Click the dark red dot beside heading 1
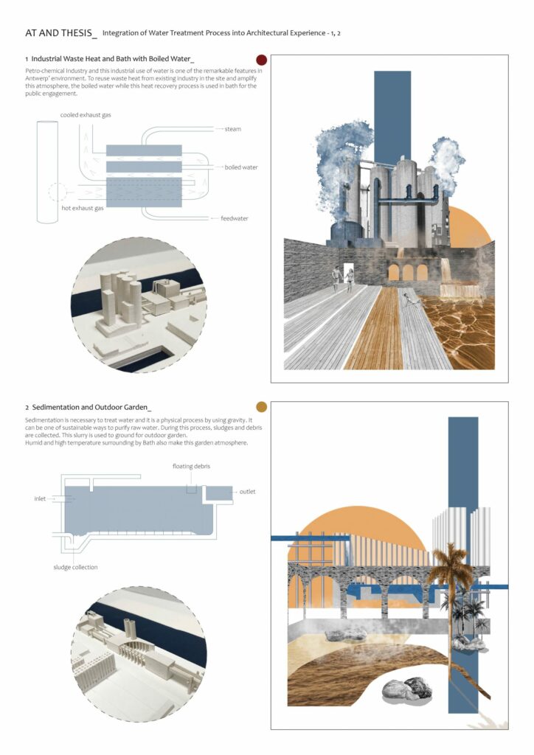pyautogui.click(x=261, y=60)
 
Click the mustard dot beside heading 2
pyautogui.click(x=261, y=407)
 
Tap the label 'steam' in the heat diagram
pyautogui.click(x=232, y=129)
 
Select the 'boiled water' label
pyautogui.click(x=240, y=167)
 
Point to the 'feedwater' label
pyautogui.click(x=235, y=218)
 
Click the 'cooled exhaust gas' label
pyautogui.click(x=86, y=115)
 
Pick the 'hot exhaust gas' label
pyautogui.click(x=83, y=209)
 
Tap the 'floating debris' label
pyautogui.click(x=191, y=466)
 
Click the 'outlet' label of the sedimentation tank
pyautogui.click(x=248, y=492)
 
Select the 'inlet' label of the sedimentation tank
pyautogui.click(x=40, y=499)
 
